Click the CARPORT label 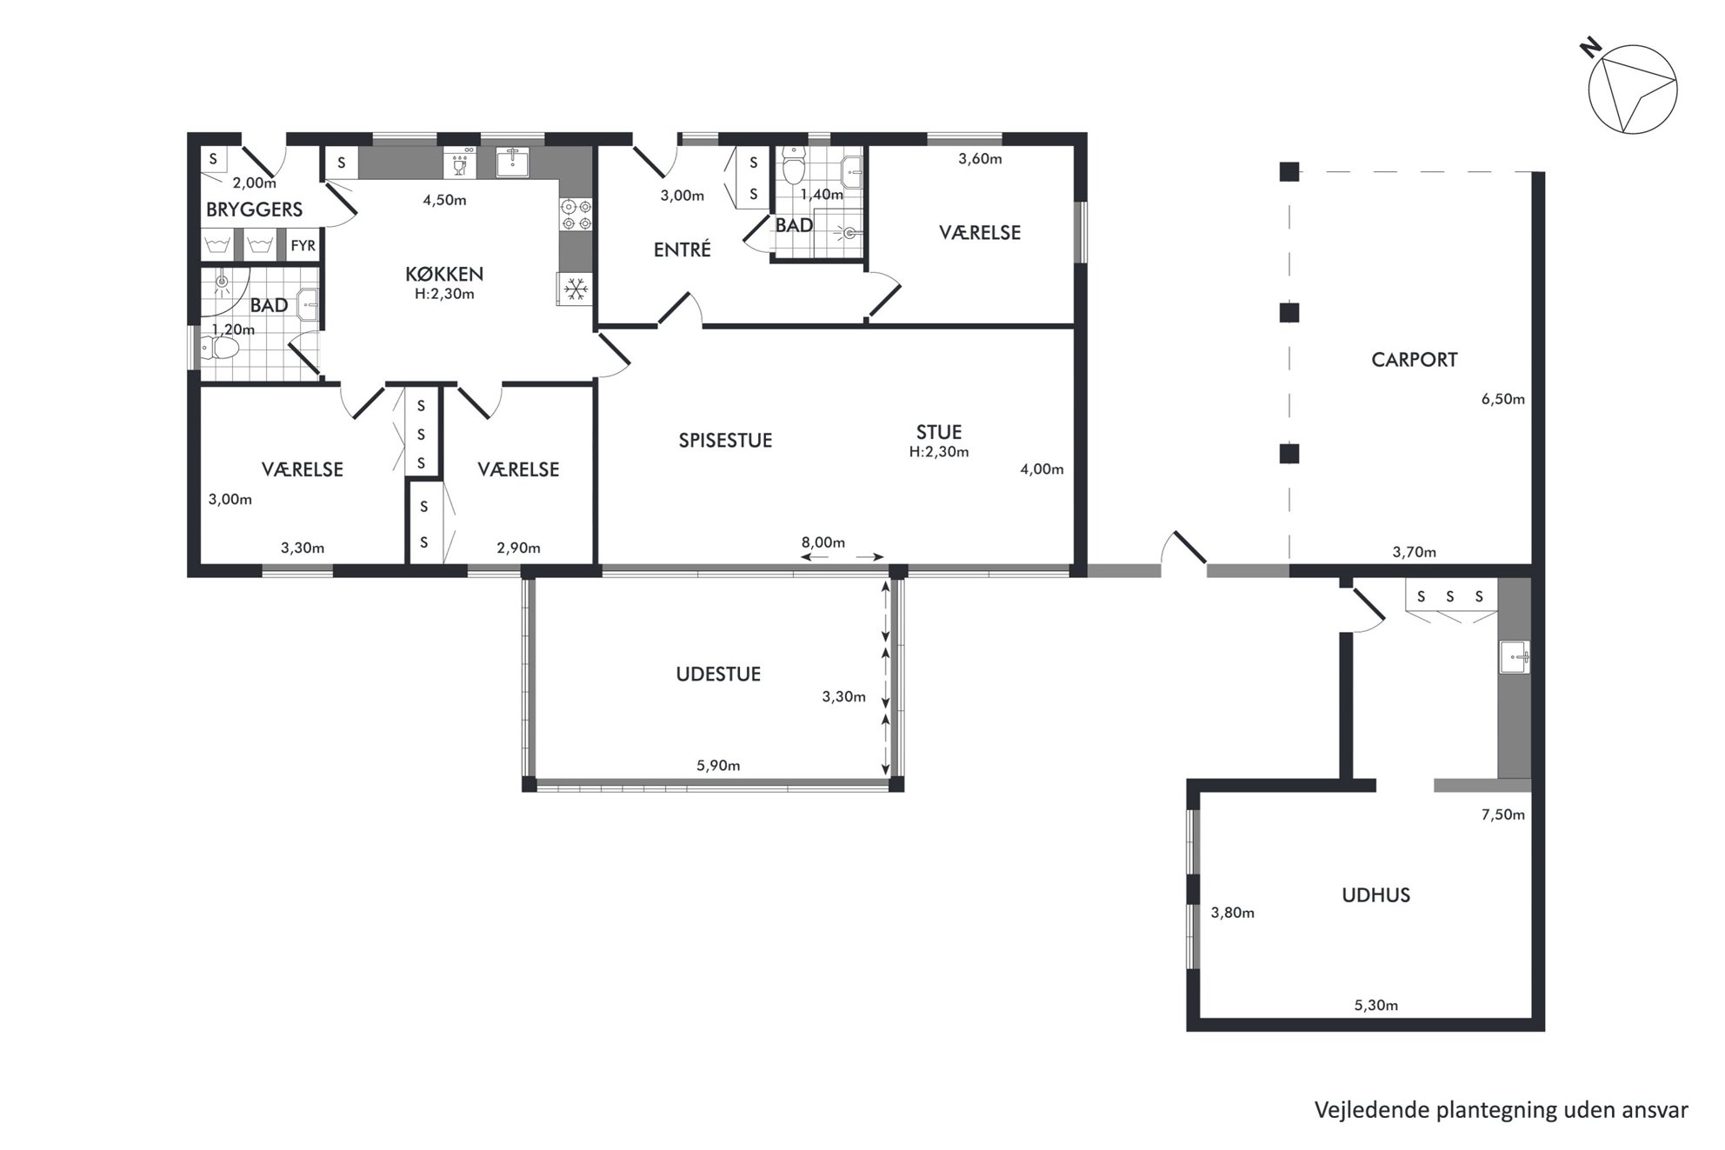(x=1414, y=360)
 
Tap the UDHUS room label (x=1375, y=895)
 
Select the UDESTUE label (x=718, y=675)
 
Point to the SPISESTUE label (x=725, y=441)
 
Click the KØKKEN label (x=444, y=274)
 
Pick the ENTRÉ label (x=683, y=249)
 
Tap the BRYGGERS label (x=254, y=209)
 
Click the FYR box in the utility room (x=303, y=246)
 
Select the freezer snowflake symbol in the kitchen (x=574, y=289)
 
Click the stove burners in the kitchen (x=575, y=215)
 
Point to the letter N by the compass (x=1590, y=49)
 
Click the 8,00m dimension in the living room (x=823, y=542)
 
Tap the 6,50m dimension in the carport (x=1503, y=400)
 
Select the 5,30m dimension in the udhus (x=1376, y=1006)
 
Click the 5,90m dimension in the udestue (x=718, y=766)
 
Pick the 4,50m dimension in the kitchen (x=444, y=200)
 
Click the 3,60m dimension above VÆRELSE (x=980, y=159)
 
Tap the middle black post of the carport (x=1289, y=312)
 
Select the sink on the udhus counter (x=1515, y=656)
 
